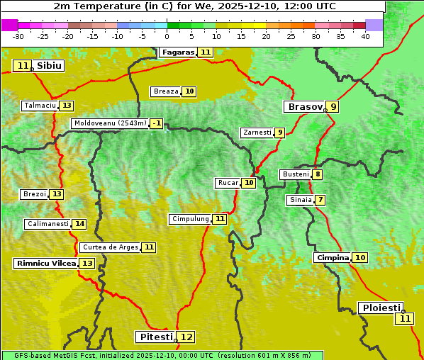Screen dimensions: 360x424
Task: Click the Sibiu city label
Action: (x=49, y=66)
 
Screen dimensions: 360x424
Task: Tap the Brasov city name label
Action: (x=304, y=107)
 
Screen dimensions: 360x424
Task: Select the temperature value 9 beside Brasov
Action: (x=333, y=107)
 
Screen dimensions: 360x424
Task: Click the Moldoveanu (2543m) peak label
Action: (x=109, y=123)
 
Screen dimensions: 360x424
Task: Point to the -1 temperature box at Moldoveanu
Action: (x=156, y=123)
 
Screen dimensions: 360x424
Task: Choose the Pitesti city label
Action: (x=155, y=337)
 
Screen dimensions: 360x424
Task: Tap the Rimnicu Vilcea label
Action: (x=45, y=263)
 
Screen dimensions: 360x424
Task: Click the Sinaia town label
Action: (x=300, y=200)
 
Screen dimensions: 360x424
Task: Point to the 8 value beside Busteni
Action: (x=318, y=174)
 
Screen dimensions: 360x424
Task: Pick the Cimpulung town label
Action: (x=189, y=219)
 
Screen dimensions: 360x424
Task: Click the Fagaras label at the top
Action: (x=177, y=52)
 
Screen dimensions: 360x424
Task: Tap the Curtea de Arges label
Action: (x=109, y=247)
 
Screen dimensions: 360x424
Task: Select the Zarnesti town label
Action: (x=257, y=133)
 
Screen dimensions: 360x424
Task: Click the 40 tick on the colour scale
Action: (x=365, y=36)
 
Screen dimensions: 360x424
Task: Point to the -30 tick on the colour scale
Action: (x=18, y=36)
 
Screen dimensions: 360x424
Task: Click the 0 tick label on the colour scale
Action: (x=167, y=36)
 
